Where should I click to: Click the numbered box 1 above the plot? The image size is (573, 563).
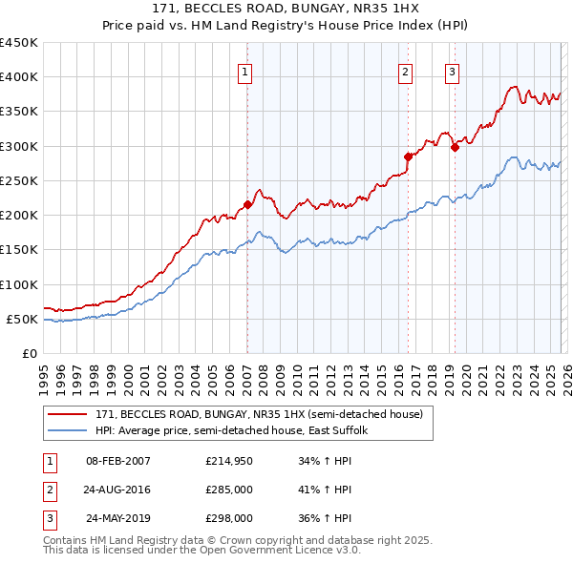[245, 71]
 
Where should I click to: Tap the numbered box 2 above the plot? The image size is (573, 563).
[406, 71]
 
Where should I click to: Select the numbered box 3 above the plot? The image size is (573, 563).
[452, 71]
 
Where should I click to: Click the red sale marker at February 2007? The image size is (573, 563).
[247, 204]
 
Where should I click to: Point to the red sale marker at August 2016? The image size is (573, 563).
[408, 156]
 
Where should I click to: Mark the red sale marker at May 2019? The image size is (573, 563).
[455, 147]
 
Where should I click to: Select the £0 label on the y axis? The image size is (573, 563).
[29, 353]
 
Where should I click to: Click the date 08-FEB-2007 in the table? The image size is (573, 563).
[118, 461]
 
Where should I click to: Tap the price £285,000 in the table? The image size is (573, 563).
[228, 490]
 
